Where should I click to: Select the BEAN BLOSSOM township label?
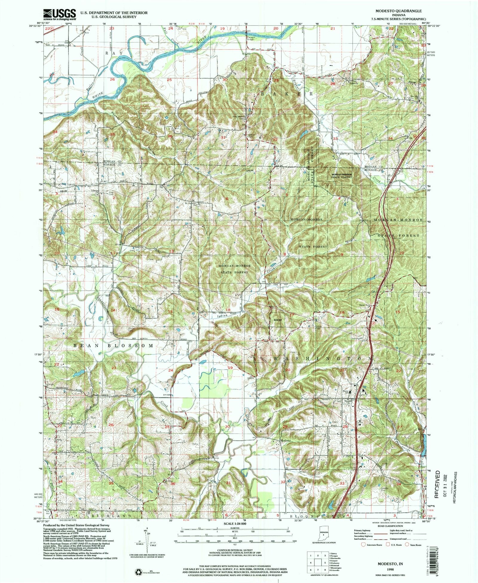click(114, 346)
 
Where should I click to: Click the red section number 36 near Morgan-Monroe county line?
click(170, 136)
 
